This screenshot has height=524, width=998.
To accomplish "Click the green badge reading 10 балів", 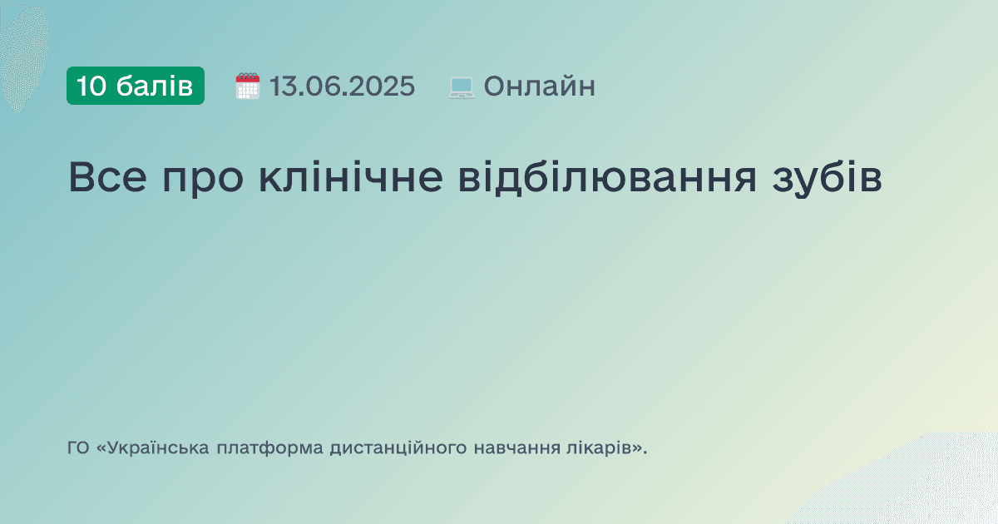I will click(x=136, y=86).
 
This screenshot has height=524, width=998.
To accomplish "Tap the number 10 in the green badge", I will click(x=91, y=86).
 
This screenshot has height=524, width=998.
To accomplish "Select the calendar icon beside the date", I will click(x=248, y=86).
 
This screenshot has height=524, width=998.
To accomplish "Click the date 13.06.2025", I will click(x=342, y=86).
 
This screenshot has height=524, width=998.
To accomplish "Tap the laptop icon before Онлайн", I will click(x=462, y=87).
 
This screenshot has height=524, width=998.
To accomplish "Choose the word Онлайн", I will click(x=539, y=86).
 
